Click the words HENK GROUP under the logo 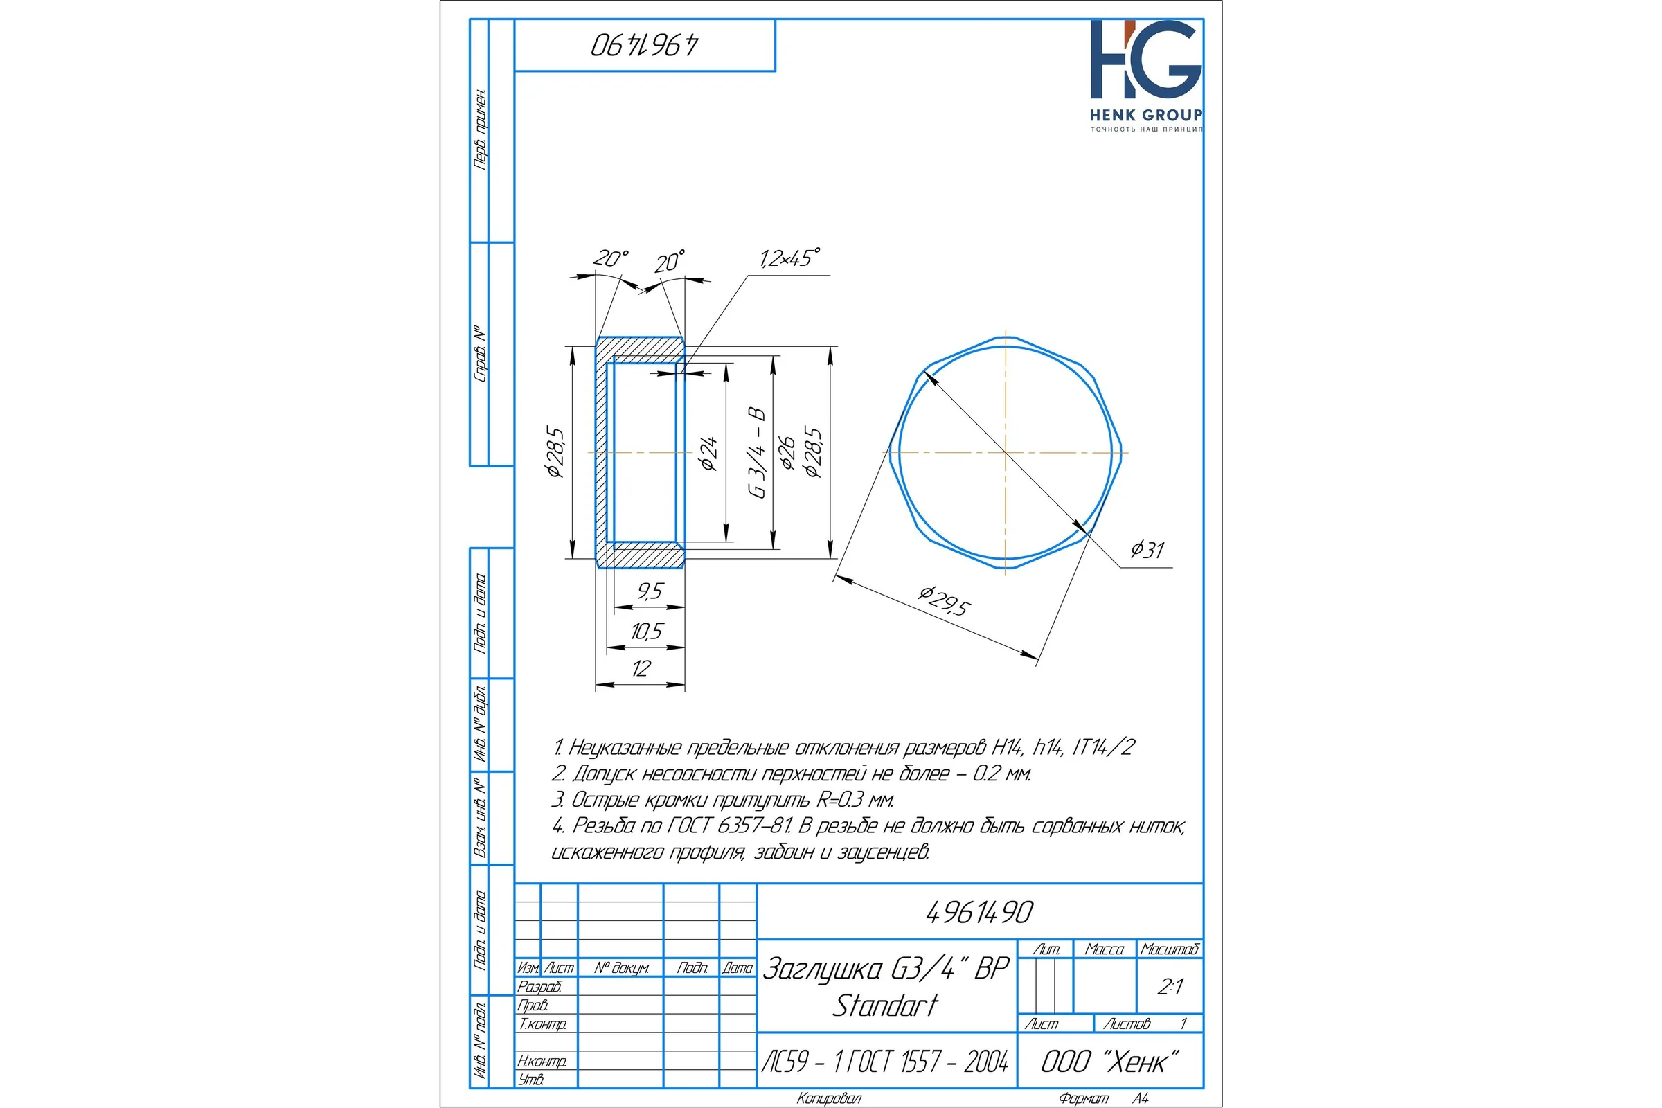pyautogui.click(x=1146, y=115)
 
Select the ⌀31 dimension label pyautogui.click(x=1147, y=549)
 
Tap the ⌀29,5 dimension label pyautogui.click(x=944, y=601)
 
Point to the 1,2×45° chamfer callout pyautogui.click(x=790, y=258)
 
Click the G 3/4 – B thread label pyautogui.click(x=758, y=452)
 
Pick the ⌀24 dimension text pyautogui.click(x=708, y=453)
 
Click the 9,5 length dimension pyautogui.click(x=650, y=591)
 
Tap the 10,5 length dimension pyautogui.click(x=647, y=631)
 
